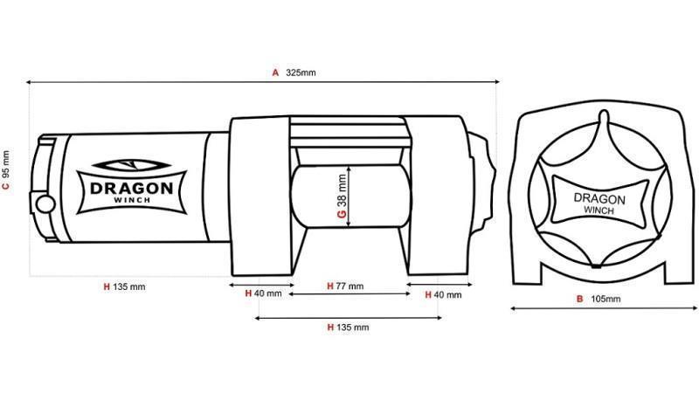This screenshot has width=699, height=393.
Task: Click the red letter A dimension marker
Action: [x=275, y=72]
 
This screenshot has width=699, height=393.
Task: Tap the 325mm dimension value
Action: [x=301, y=72]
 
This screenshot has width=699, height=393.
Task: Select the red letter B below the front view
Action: [x=579, y=299]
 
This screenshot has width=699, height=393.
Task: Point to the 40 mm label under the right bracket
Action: [x=447, y=294]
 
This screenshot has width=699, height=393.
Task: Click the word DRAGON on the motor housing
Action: [x=131, y=187]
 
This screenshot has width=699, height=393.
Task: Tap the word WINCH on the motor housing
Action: [x=131, y=202]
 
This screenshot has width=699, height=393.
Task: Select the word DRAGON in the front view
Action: [x=599, y=198]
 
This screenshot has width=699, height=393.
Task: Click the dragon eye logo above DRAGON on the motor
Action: [x=131, y=165]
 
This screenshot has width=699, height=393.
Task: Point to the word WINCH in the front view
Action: [x=599, y=210]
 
